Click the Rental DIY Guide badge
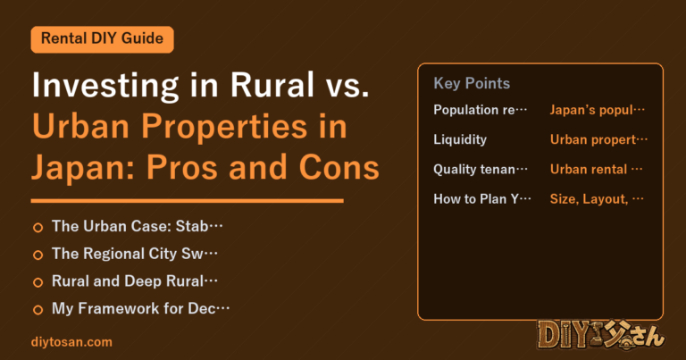[103, 39]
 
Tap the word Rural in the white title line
[272, 85]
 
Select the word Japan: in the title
[84, 169]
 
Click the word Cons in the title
[339, 168]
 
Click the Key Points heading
[472, 83]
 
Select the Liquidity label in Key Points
[460, 139]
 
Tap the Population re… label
[481, 110]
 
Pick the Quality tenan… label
[481, 170]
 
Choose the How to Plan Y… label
[482, 199]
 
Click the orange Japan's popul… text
[598, 110]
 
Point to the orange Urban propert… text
[598, 139]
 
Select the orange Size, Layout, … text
[597, 199]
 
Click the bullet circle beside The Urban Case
[38, 228]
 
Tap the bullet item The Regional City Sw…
[135, 254]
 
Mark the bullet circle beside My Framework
[38, 310]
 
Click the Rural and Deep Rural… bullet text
[135, 280]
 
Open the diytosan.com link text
[71, 342]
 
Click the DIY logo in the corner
[601, 335]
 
